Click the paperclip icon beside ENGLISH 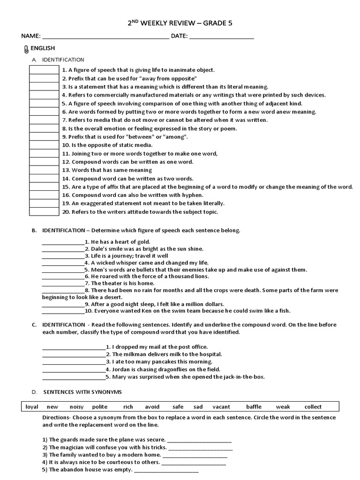click(x=25, y=49)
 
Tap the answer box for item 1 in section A click(x=44, y=70)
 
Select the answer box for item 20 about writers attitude click(x=44, y=211)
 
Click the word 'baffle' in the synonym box click(x=254, y=407)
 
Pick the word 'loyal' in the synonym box click(x=32, y=407)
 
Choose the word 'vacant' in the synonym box click(x=221, y=407)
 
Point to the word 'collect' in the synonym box click(x=313, y=407)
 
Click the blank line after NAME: click(x=105, y=37)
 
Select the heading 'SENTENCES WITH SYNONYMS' click(x=82, y=392)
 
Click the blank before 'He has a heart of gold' click(x=63, y=242)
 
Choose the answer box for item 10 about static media click(x=44, y=145)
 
